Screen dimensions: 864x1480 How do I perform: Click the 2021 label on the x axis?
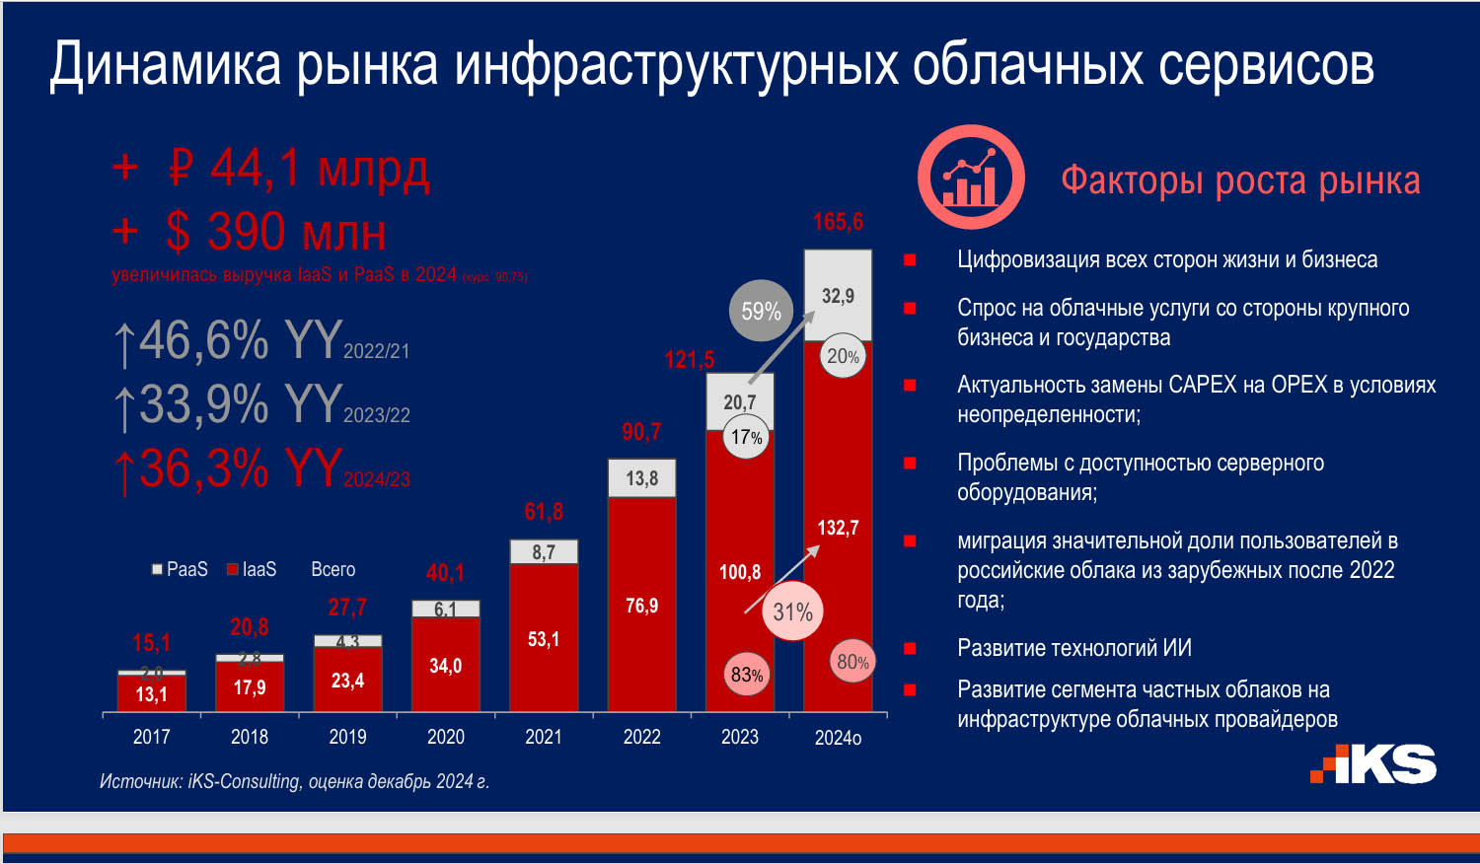(544, 737)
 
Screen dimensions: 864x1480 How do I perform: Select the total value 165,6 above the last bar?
(838, 222)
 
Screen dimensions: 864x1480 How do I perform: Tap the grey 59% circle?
(761, 312)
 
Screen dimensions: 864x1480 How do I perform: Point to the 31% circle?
(792, 612)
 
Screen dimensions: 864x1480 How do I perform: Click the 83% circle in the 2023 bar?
(747, 675)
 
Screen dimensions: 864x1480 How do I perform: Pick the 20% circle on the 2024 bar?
(843, 356)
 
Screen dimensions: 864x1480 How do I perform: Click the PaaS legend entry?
(180, 569)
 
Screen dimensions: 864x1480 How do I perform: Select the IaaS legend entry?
(253, 569)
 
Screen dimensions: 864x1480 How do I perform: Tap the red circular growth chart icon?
(971, 178)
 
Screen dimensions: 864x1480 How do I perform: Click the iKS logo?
(1373, 764)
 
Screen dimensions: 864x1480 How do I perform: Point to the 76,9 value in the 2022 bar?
(641, 606)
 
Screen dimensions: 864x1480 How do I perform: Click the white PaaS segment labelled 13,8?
(641, 478)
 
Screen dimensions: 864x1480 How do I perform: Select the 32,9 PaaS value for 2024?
(838, 296)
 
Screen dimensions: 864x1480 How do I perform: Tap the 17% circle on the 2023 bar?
(746, 437)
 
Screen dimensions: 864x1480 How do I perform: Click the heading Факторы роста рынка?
(1240, 180)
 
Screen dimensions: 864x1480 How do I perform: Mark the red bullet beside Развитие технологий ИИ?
(910, 649)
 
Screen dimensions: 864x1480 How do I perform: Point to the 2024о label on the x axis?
(838, 738)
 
